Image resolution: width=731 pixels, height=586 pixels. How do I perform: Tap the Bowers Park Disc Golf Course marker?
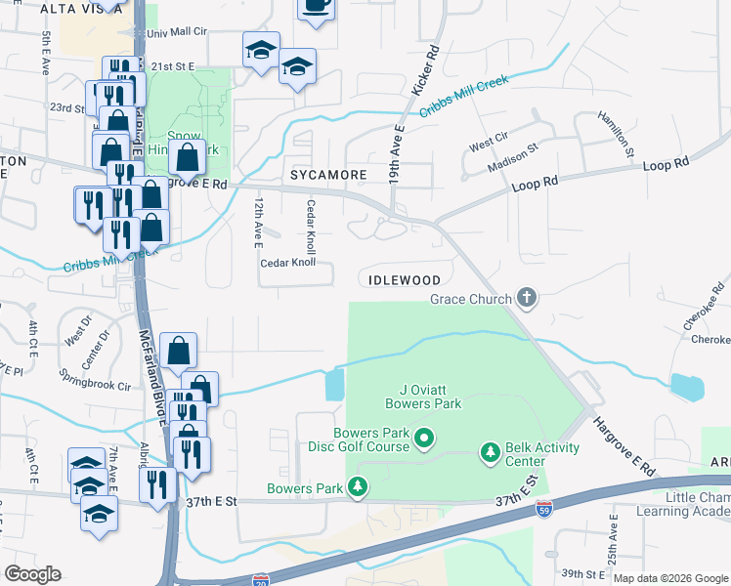(423, 440)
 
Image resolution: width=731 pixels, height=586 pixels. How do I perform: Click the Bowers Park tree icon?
(359, 486)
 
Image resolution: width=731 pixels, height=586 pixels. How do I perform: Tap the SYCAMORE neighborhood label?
(327, 175)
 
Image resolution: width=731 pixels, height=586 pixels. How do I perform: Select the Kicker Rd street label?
(424, 67)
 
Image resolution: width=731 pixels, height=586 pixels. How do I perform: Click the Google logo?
(33, 573)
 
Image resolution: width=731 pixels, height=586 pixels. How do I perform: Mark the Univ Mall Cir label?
(177, 32)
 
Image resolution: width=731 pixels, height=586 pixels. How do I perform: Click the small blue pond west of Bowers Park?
(333, 385)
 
